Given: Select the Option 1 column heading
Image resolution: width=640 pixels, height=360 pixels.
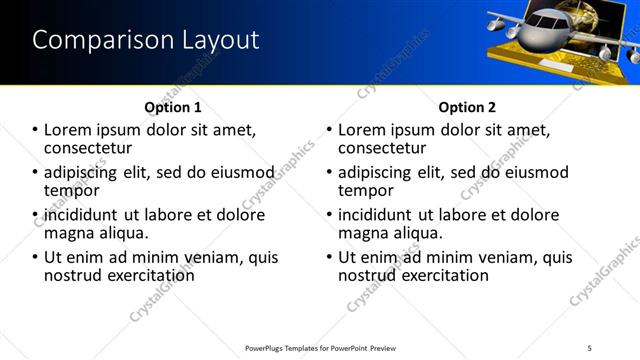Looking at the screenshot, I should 173,106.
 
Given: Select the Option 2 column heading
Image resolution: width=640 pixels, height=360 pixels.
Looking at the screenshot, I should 467,106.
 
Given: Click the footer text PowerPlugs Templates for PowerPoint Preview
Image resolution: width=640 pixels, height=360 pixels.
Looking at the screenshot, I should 321,347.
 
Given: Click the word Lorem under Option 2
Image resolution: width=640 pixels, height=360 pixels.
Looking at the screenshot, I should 368,130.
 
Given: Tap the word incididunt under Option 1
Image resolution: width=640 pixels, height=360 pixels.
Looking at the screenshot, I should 79,215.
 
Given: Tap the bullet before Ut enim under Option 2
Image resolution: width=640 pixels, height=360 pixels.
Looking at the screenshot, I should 329,258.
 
